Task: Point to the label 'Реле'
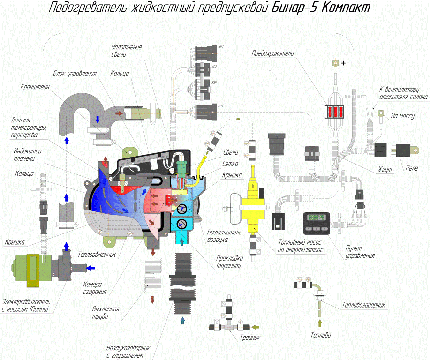(x=413, y=168)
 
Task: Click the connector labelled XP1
(x=205, y=52)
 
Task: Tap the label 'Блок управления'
(x=75, y=74)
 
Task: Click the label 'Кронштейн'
(x=35, y=87)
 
